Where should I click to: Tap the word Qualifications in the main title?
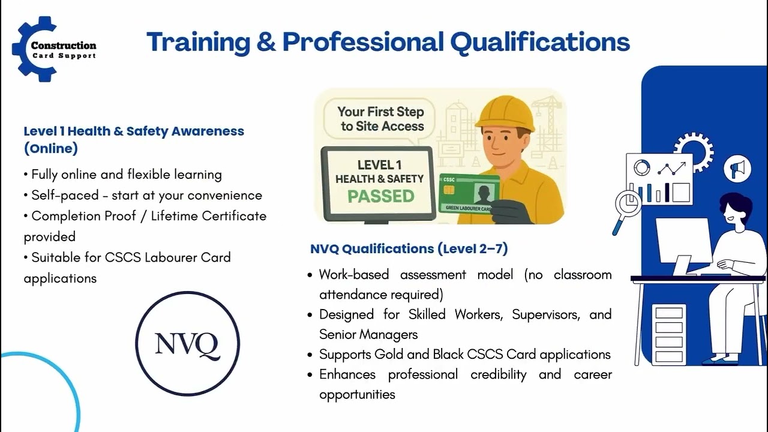tap(539, 42)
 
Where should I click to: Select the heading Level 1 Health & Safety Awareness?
tap(134, 131)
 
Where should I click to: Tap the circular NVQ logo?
tap(187, 344)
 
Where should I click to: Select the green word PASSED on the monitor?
tap(381, 196)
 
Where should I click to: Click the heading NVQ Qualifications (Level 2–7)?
tap(409, 249)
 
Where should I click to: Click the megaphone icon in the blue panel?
tap(737, 169)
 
